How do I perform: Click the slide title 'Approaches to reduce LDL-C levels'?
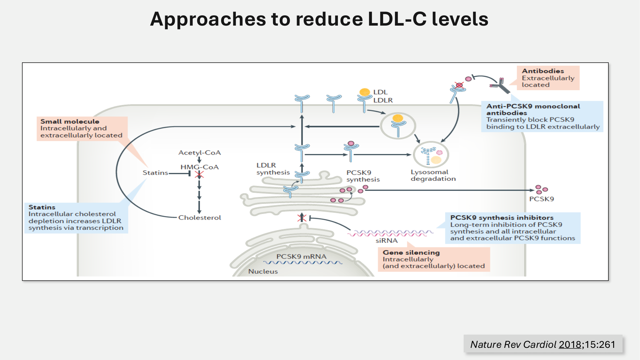pos(319,19)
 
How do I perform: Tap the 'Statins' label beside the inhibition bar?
pos(155,173)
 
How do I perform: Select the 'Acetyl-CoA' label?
pos(199,153)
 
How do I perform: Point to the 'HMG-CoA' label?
pos(199,167)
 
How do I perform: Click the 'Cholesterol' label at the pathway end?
pos(199,218)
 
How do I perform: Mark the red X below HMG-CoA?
pos(199,174)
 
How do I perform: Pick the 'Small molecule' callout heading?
pos(70,122)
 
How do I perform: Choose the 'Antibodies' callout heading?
pos(543,71)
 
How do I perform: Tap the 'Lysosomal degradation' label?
pos(433,175)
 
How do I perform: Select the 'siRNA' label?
pos(387,241)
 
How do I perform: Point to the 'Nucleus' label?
pos(263,271)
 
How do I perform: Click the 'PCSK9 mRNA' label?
pos(301,257)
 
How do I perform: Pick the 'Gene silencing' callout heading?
pos(411,252)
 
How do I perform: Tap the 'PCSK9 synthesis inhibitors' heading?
pos(502,218)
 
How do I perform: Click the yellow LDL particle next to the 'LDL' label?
pos(364,92)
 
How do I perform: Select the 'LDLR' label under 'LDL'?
pos(383,100)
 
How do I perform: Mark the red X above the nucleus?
pos(301,218)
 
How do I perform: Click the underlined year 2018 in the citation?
pos(570,344)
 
